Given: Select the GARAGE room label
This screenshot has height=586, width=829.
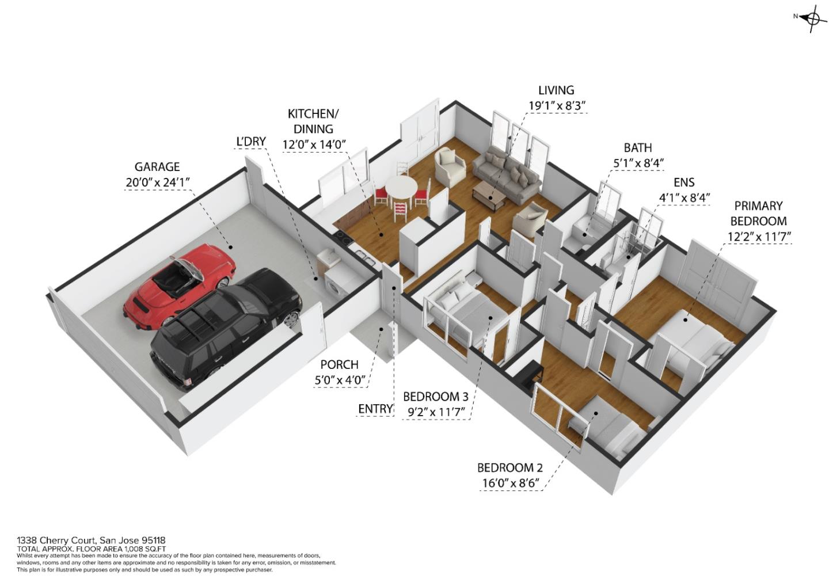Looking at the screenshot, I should (x=157, y=167).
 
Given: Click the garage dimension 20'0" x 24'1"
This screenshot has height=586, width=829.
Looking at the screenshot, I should (x=157, y=182).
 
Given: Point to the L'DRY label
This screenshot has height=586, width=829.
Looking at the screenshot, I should (x=251, y=142).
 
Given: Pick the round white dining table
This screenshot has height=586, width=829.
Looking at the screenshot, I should (x=401, y=188).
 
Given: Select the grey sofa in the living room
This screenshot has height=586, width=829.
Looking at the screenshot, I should (x=507, y=173).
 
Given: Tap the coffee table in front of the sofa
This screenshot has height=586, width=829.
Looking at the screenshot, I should (x=489, y=196).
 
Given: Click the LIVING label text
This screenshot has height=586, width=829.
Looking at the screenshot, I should (x=556, y=90).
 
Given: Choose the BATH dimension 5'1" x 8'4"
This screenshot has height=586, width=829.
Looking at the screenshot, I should (x=638, y=163).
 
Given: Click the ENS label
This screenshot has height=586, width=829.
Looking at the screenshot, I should (x=684, y=182).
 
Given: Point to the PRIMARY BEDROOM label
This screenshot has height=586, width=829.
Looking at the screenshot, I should (x=758, y=213).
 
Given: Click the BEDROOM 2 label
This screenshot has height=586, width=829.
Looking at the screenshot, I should (x=509, y=468).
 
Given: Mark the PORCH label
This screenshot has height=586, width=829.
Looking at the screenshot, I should (x=339, y=365).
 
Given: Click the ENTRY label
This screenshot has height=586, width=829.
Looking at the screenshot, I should (x=375, y=409).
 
